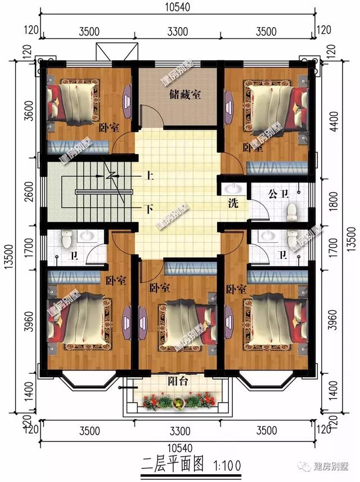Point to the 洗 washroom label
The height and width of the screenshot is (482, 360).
coord(233,204)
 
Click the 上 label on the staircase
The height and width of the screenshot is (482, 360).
coord(150,176)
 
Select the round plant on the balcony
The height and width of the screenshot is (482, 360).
coord(178,402)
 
